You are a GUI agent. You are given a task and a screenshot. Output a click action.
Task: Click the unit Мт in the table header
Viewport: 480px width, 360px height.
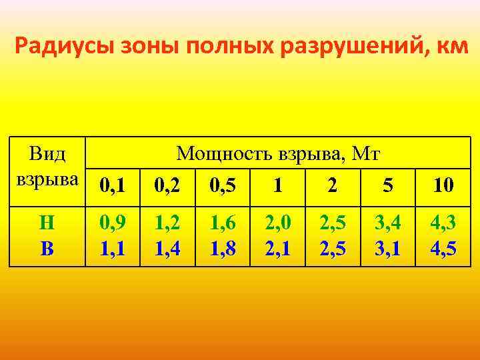pos(366,155)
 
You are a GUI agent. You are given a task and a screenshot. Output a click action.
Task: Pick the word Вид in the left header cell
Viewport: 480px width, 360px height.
pos(47,155)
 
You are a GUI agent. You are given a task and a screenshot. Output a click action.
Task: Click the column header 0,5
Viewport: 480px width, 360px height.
pos(223,184)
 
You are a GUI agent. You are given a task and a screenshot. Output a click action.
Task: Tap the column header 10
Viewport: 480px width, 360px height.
pos(443,184)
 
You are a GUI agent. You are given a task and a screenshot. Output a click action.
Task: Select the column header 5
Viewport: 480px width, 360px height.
pos(387,184)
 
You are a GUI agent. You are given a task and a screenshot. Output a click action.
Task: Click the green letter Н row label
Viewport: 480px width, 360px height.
pos(47,222)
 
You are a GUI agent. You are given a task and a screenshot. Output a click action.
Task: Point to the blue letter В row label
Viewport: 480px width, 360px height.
pos(47,249)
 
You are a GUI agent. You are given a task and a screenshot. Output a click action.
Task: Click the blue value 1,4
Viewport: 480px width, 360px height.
pos(167,249)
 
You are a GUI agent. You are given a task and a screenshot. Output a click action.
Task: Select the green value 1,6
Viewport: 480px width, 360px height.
pos(223,222)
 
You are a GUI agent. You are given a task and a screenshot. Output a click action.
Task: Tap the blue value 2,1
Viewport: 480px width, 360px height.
pos(277,249)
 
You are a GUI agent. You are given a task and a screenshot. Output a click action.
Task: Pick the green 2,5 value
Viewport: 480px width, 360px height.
pos(333,222)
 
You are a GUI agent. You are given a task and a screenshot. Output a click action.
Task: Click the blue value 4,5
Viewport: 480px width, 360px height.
pos(443,249)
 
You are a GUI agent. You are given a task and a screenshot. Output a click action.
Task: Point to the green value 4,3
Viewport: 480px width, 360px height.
pos(443,222)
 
